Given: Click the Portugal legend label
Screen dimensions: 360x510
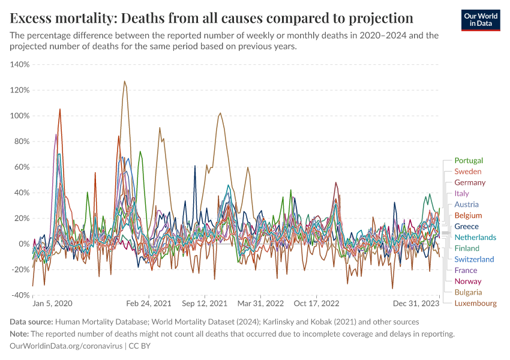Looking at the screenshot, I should (x=469, y=160).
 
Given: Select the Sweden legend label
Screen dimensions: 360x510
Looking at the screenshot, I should (x=469, y=172).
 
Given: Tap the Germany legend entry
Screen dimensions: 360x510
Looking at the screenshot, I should (x=470, y=182).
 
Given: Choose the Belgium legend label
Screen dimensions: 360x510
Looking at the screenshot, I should (x=468, y=215).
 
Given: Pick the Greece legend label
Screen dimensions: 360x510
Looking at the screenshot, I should (x=466, y=226).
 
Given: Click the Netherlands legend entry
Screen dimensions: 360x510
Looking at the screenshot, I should (x=475, y=237).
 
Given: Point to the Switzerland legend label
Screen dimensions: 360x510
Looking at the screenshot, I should (x=474, y=259).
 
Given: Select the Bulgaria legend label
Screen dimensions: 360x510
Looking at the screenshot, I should (x=468, y=292).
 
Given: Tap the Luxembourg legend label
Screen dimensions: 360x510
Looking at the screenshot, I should (x=475, y=303).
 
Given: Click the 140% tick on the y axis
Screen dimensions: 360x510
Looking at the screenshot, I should (x=20, y=64).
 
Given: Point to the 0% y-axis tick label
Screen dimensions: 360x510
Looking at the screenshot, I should (x=23, y=244).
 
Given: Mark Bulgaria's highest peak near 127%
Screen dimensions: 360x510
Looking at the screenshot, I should (x=124, y=81).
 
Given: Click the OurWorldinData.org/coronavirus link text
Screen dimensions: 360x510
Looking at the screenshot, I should (x=66, y=346).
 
